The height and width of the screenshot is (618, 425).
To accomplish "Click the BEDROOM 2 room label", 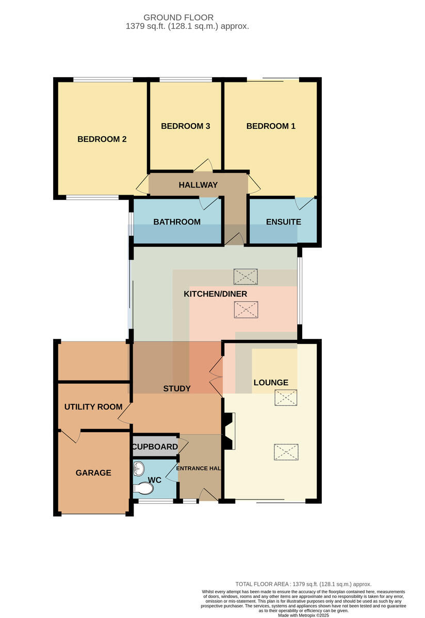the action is pyautogui.click(x=102, y=139).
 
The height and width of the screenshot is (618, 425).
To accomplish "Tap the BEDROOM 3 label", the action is pyautogui.click(x=185, y=126).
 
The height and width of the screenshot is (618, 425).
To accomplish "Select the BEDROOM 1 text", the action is pyautogui.click(x=271, y=126).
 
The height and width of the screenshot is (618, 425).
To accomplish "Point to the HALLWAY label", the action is pyautogui.click(x=198, y=185).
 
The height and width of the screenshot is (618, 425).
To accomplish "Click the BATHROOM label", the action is pyautogui.click(x=177, y=222).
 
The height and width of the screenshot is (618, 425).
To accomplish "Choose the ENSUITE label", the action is pyautogui.click(x=284, y=222).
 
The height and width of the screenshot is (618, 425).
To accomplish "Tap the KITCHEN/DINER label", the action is pyautogui.click(x=215, y=294).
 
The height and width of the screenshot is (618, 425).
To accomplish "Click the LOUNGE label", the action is pyautogui.click(x=271, y=382).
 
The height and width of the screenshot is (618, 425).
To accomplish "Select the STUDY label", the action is pyautogui.click(x=177, y=388).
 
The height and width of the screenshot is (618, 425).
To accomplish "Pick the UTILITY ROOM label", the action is pyautogui.click(x=93, y=407).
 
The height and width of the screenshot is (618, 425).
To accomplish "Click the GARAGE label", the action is pyautogui.click(x=93, y=473).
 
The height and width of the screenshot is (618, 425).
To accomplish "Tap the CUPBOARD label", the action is pyautogui.click(x=155, y=447).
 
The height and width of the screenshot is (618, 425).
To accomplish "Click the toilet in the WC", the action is pyautogui.click(x=143, y=488).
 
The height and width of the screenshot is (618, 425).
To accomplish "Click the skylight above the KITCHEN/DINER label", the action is pyautogui.click(x=246, y=277).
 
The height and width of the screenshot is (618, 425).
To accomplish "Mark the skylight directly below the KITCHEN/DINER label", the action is pyautogui.click(x=246, y=310).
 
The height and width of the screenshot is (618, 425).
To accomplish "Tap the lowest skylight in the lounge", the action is pyautogui.click(x=286, y=452).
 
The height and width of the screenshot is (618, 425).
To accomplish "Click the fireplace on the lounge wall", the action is pyautogui.click(x=230, y=431).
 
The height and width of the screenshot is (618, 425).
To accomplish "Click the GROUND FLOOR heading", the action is pyautogui.click(x=178, y=18).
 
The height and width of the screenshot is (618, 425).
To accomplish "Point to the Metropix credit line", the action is pyautogui.click(x=303, y=615).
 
